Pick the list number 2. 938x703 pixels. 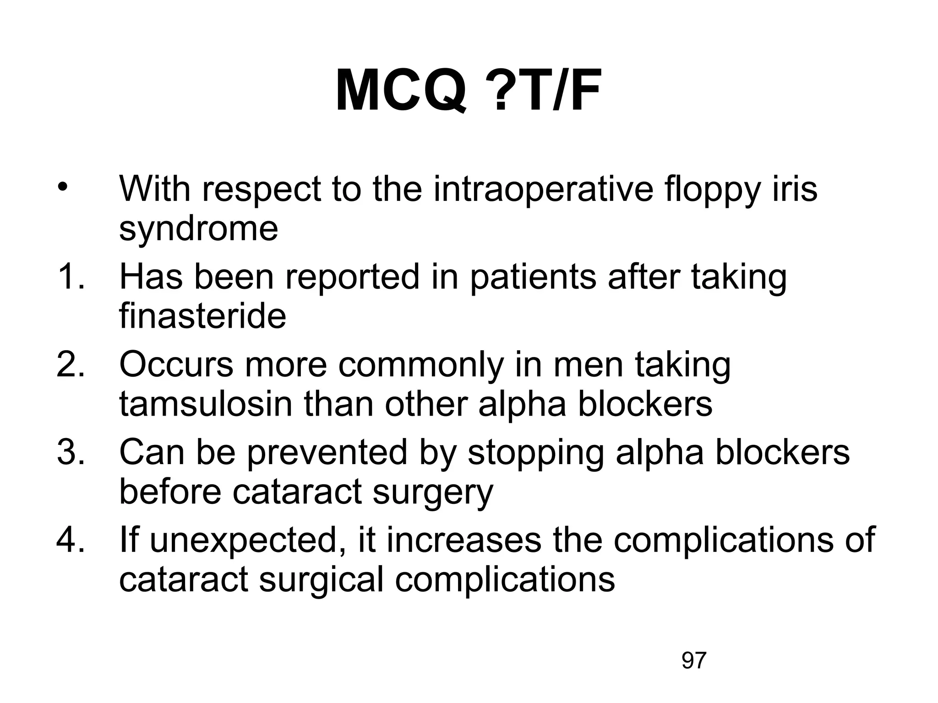71,365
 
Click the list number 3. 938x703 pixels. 71,453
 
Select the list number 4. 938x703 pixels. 71,540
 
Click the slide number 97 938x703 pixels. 694,661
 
